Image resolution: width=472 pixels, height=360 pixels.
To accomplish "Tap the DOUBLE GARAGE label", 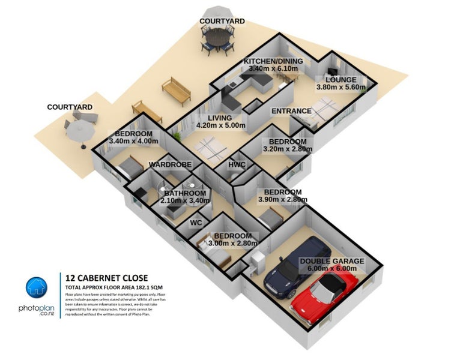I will [x=332, y=262].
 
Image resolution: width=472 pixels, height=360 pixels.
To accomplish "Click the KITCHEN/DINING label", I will [x=273, y=62].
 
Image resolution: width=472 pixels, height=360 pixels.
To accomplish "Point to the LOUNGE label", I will [x=340, y=80].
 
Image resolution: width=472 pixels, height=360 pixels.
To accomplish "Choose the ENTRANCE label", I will [x=291, y=111].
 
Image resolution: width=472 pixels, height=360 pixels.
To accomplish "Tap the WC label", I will [x=196, y=223].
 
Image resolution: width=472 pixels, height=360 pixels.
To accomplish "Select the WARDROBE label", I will [x=170, y=164].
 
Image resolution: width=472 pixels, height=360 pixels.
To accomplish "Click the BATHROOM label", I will [x=185, y=193].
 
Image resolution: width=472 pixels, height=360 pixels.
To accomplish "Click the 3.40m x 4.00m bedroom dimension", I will [x=133, y=142].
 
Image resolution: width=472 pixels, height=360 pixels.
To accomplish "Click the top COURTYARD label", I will [x=222, y=21].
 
